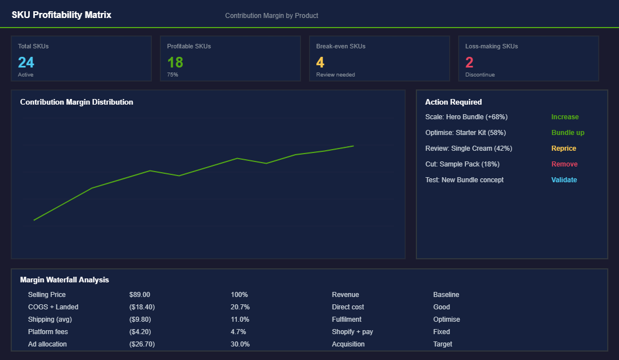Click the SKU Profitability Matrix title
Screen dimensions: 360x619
61,15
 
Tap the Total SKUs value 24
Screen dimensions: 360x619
26,62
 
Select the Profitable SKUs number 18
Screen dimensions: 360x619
175,62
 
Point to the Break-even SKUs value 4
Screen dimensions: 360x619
320,62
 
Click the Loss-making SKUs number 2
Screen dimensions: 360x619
469,62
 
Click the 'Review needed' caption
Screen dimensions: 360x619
335,75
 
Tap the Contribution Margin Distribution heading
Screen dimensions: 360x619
77,102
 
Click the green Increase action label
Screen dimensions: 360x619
564,117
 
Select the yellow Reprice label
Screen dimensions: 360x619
563,148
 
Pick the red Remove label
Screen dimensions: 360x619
564,164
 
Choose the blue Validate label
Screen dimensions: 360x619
564,180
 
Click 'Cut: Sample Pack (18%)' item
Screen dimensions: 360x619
462,164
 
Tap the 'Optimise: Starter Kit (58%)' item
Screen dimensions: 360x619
465,133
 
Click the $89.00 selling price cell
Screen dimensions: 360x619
140,295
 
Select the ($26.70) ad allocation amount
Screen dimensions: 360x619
142,344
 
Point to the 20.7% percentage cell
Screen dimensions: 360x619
240,307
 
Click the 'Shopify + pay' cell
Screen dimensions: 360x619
352,332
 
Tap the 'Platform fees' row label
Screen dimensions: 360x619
47,332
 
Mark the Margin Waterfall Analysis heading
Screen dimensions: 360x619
64,280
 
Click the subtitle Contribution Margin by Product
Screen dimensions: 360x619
271,16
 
